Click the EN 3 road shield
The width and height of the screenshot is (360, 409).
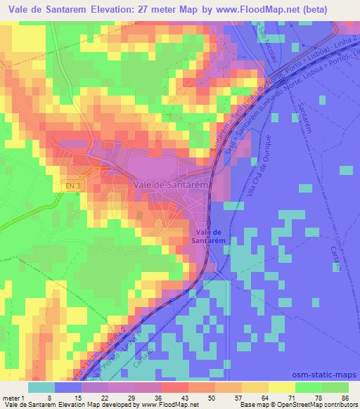click(x=70, y=185)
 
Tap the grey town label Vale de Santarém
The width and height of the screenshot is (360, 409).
click(x=169, y=185)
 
